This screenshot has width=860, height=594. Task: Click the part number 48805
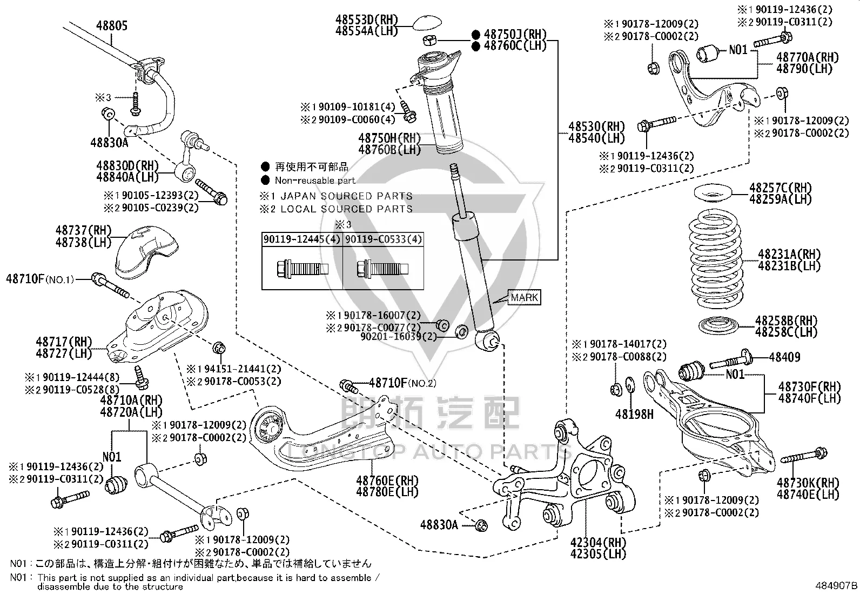(112, 26)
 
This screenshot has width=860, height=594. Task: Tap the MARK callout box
(525, 297)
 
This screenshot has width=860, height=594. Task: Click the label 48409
(784, 357)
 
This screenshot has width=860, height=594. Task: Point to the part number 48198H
(634, 414)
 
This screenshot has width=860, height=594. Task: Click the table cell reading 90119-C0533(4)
(384, 239)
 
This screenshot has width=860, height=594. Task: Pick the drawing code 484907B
(836, 585)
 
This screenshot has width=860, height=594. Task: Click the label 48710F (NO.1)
(40, 279)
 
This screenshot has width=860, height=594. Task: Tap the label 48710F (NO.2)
(402, 383)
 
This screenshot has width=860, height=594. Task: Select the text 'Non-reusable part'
(315, 180)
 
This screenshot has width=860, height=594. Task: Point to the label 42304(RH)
(598, 543)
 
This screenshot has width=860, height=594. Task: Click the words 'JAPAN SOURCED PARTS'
(347, 196)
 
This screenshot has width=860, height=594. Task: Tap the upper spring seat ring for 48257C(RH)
(713, 193)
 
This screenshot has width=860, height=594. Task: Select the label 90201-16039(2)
(399, 337)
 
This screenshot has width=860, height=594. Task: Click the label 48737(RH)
(83, 231)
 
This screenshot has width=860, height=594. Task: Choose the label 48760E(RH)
(387, 480)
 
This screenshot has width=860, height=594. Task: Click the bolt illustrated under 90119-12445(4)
(302, 268)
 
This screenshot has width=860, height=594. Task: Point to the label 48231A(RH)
(789, 254)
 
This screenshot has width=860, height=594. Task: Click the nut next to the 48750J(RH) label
(429, 39)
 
